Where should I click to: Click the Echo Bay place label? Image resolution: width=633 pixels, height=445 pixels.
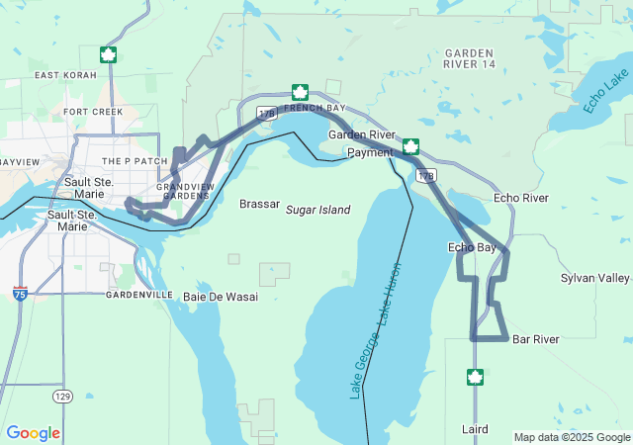point(472,247)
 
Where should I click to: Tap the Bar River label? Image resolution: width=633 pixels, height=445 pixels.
point(535,339)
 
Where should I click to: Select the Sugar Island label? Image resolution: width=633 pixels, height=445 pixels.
point(318,211)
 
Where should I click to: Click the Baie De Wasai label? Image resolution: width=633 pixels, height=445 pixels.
point(221,296)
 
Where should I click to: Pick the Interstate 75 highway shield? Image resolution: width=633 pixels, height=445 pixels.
point(21,294)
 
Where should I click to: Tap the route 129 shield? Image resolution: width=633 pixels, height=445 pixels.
point(62,396)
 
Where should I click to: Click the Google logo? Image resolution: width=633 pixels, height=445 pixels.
point(33,433)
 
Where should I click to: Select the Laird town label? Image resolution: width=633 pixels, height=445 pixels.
point(475,429)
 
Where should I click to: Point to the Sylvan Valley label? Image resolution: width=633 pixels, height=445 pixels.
point(594,278)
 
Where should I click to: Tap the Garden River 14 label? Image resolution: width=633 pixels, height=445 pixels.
point(469,58)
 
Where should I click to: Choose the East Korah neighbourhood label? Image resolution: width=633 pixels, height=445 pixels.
point(65,75)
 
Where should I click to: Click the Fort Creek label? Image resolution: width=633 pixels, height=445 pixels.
point(93,112)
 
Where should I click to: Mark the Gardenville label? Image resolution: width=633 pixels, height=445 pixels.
point(139,295)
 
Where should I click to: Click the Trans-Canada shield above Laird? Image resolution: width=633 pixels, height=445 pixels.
point(475,377)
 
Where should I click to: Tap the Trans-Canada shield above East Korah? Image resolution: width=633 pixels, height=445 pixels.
point(108,54)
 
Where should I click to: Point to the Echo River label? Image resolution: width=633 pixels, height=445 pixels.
point(520,198)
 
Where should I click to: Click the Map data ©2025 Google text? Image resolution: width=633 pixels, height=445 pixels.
point(571,437)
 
